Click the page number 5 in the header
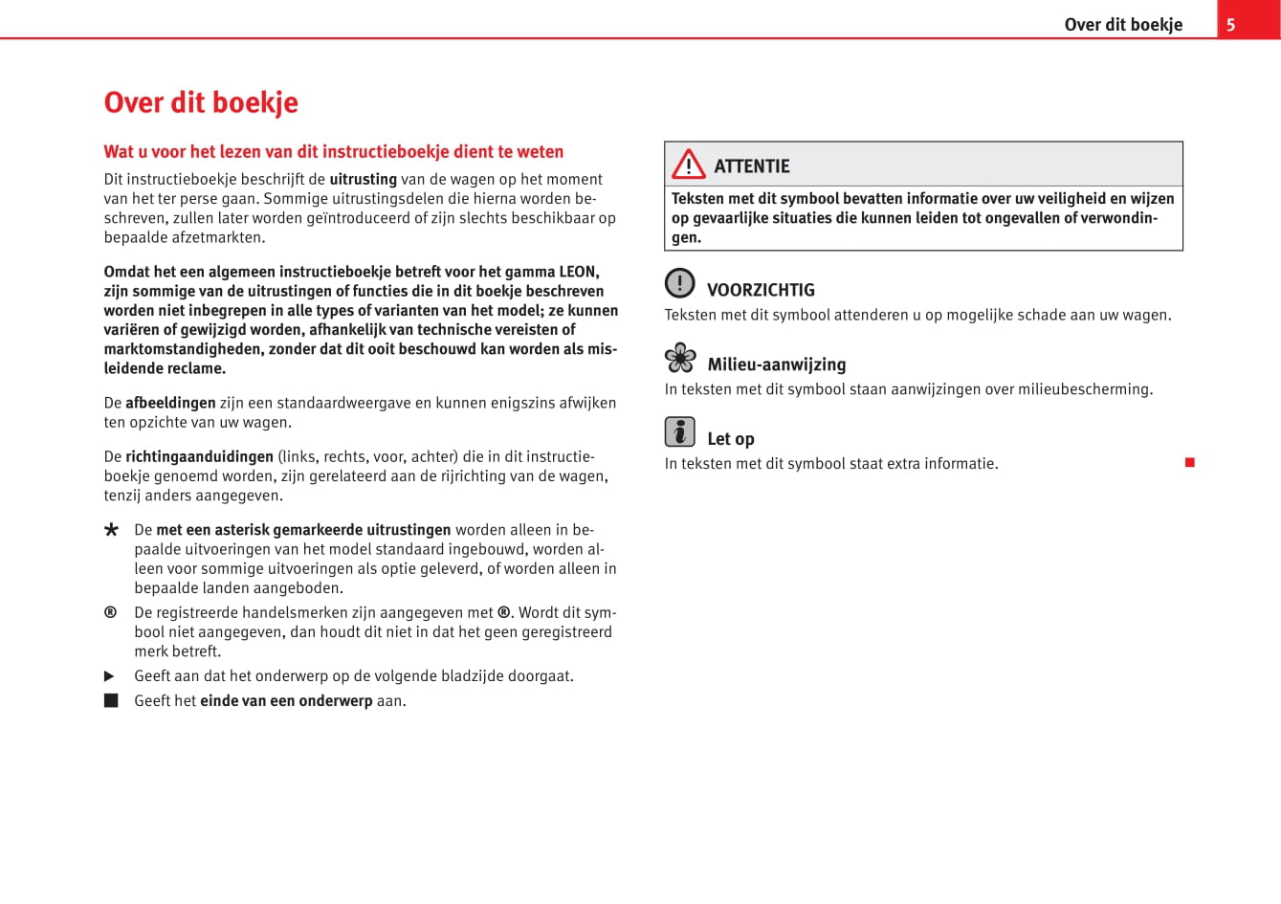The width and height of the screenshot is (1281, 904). [x=1230, y=25]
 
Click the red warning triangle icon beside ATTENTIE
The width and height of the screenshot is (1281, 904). [x=688, y=165]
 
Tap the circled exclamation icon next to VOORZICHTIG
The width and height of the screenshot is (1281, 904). [x=679, y=283]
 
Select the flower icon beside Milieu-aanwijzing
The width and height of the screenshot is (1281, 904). [x=680, y=358]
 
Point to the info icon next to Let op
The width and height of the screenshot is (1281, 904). [x=679, y=432]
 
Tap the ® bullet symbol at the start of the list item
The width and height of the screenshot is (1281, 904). [x=111, y=612]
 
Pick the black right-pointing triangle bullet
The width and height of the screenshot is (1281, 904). [x=110, y=676]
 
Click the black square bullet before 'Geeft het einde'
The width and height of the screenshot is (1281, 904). [x=111, y=701]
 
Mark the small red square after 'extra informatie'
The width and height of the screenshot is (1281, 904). [x=1190, y=463]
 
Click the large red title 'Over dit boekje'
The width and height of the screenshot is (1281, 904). [x=201, y=102]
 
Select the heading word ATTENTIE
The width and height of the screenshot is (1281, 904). [x=752, y=166]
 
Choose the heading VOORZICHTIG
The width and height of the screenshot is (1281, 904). [x=761, y=290]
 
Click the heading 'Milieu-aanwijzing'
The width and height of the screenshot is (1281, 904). [x=776, y=364]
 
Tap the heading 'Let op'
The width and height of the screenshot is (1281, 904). [x=731, y=439]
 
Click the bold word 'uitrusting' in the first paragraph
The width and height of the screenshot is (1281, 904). [x=363, y=179]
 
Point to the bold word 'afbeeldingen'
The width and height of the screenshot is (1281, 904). [x=170, y=403]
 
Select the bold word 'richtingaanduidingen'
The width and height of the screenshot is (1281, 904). [x=199, y=456]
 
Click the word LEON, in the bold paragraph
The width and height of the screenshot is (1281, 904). [x=578, y=272]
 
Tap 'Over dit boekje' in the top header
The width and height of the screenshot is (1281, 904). [x=1123, y=25]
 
